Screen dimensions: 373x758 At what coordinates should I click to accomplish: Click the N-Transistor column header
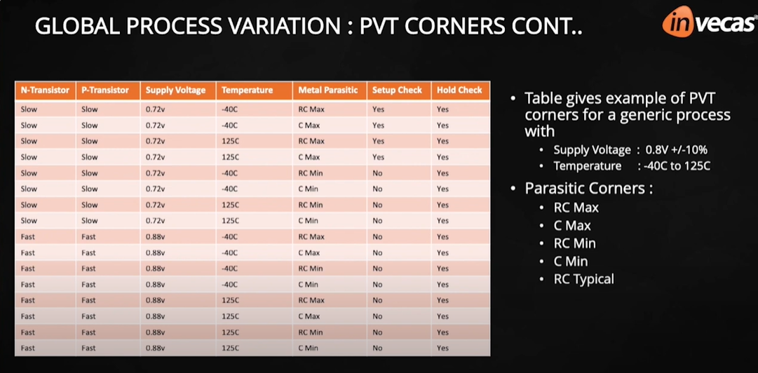[x=45, y=90]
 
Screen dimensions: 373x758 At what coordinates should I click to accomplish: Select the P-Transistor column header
[x=105, y=90]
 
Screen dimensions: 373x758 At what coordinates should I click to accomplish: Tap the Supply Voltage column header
[x=175, y=90]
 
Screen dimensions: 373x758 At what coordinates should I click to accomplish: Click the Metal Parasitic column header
[x=327, y=90]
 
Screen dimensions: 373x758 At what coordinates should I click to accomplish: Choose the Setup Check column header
[x=397, y=90]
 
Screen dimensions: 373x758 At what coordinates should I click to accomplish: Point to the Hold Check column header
[x=459, y=90]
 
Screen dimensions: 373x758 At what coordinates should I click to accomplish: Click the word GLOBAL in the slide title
[x=77, y=28]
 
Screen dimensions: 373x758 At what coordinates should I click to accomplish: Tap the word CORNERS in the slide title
[x=455, y=28]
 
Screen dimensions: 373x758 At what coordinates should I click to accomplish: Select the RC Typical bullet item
[x=583, y=279]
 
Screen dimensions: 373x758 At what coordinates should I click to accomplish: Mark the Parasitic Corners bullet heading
[x=588, y=189]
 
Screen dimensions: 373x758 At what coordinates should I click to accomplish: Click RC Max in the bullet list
[x=576, y=208]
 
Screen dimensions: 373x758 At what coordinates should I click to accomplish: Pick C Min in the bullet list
[x=571, y=262]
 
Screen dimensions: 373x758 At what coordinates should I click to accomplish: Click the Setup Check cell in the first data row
[x=379, y=109]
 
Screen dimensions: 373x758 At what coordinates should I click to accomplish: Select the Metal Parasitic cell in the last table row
[x=308, y=348]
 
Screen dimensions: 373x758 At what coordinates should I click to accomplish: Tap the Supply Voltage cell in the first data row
[x=155, y=109]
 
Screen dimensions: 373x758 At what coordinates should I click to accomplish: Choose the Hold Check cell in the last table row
[x=442, y=348]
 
